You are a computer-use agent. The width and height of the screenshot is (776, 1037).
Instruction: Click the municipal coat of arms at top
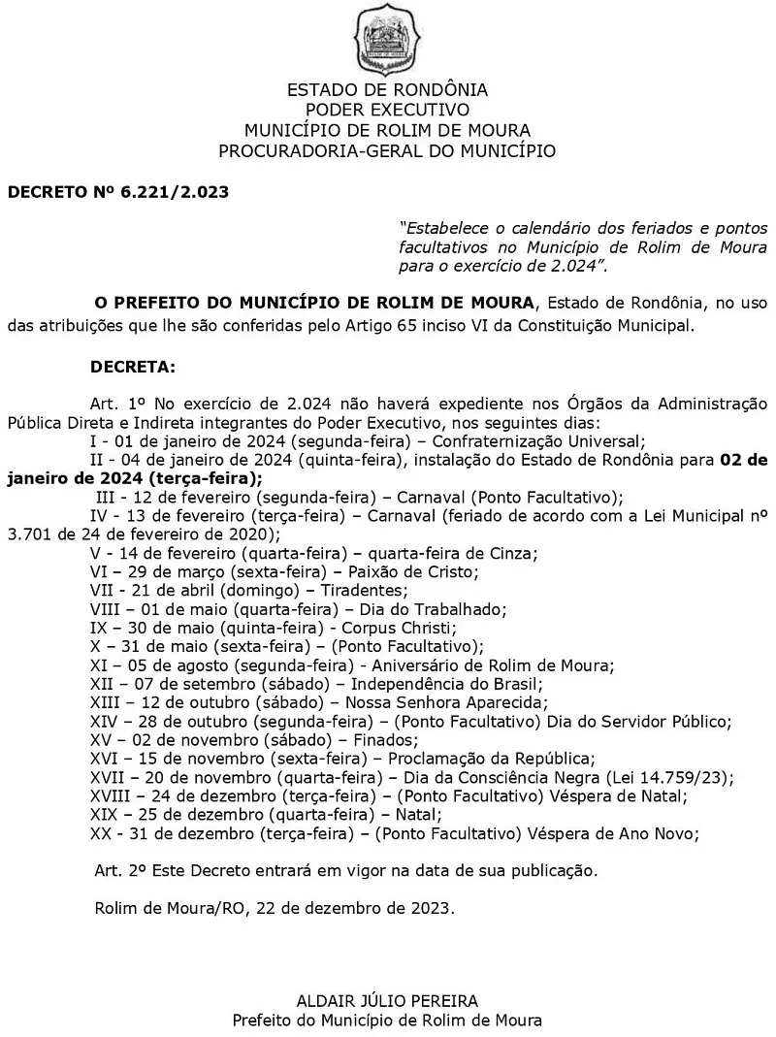[388, 39]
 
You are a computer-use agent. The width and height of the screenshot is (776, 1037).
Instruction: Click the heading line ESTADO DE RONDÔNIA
[387, 90]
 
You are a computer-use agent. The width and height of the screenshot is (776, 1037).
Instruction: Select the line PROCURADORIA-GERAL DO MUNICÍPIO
[387, 150]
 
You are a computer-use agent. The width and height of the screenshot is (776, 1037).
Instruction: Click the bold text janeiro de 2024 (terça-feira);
[135, 477]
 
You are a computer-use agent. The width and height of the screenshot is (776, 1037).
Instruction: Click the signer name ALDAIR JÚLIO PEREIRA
[387, 1000]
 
